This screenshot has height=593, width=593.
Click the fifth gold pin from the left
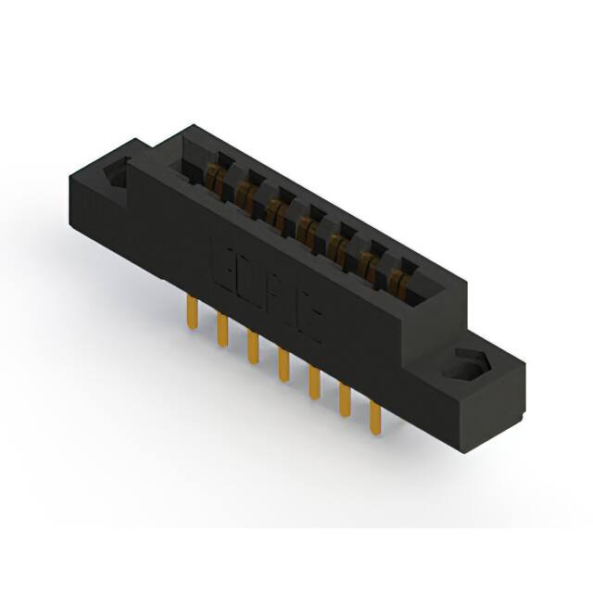tap(313, 382)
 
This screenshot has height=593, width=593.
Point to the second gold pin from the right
tap(345, 400)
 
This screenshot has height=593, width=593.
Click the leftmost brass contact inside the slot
tap(216, 174)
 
